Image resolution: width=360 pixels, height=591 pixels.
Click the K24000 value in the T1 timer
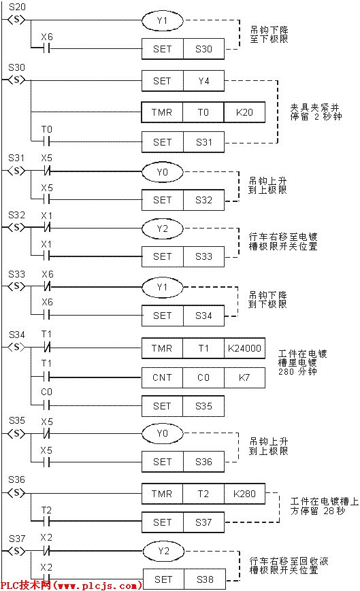tap(244, 348)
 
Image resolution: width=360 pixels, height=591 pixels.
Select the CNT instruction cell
tap(162, 376)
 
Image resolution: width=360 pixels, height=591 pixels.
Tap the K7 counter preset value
tap(244, 376)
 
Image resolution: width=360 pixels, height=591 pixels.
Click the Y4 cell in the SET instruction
tap(203, 81)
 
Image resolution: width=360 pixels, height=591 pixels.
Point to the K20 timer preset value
tap(244, 112)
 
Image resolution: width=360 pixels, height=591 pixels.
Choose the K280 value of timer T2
tap(244, 493)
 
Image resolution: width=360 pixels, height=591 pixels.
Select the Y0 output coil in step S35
tap(162, 433)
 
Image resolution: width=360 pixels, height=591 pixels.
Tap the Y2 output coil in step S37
tap(162, 550)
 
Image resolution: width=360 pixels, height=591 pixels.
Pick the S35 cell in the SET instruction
tap(203, 406)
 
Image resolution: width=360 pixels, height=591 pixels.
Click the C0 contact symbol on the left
tap(46, 406)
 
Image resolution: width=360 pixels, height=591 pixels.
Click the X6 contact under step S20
tap(46, 48)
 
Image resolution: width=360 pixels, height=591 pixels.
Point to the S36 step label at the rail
tap(16, 479)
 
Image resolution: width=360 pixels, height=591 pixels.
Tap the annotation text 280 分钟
tap(296, 373)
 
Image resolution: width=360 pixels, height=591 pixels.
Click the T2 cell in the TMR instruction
tap(203, 493)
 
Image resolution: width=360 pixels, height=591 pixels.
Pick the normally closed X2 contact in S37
tap(46, 550)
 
